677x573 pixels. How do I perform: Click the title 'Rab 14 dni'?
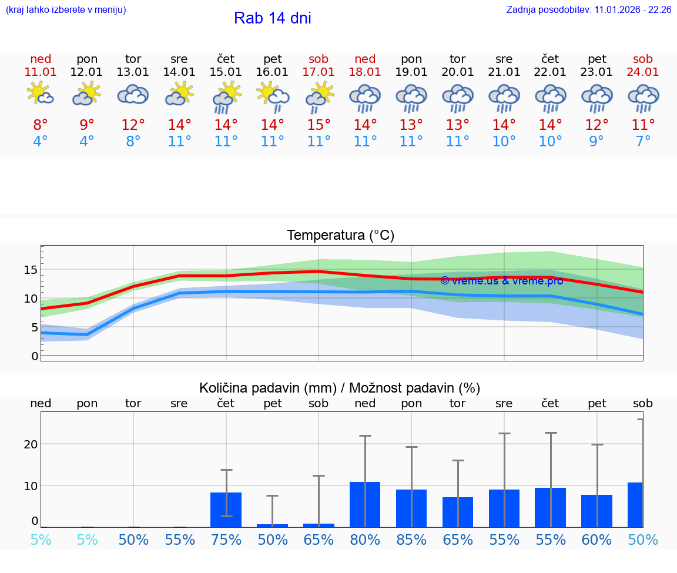[x=272, y=18]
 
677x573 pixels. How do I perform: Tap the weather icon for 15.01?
[x=226, y=97]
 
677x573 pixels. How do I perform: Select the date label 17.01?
[x=319, y=72]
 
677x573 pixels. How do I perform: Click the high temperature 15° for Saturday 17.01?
[x=319, y=125]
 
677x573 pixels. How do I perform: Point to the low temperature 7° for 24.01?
[x=643, y=142]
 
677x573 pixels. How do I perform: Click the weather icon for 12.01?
[x=87, y=94]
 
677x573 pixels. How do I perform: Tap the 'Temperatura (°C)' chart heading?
[x=340, y=236]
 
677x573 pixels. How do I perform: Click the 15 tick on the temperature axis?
[x=31, y=270]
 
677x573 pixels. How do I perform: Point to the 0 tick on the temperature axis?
[x=35, y=356]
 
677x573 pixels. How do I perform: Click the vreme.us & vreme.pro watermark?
[x=501, y=280]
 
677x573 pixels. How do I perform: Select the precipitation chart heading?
[x=340, y=388]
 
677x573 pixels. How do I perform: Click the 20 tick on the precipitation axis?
[x=31, y=444]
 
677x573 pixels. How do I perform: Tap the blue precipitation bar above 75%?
[x=226, y=510]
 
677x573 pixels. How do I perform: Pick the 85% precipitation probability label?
[x=411, y=540]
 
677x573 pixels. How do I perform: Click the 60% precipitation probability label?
[x=596, y=540]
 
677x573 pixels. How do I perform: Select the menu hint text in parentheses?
[x=66, y=10]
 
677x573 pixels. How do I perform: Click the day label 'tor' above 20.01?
[x=458, y=59]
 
